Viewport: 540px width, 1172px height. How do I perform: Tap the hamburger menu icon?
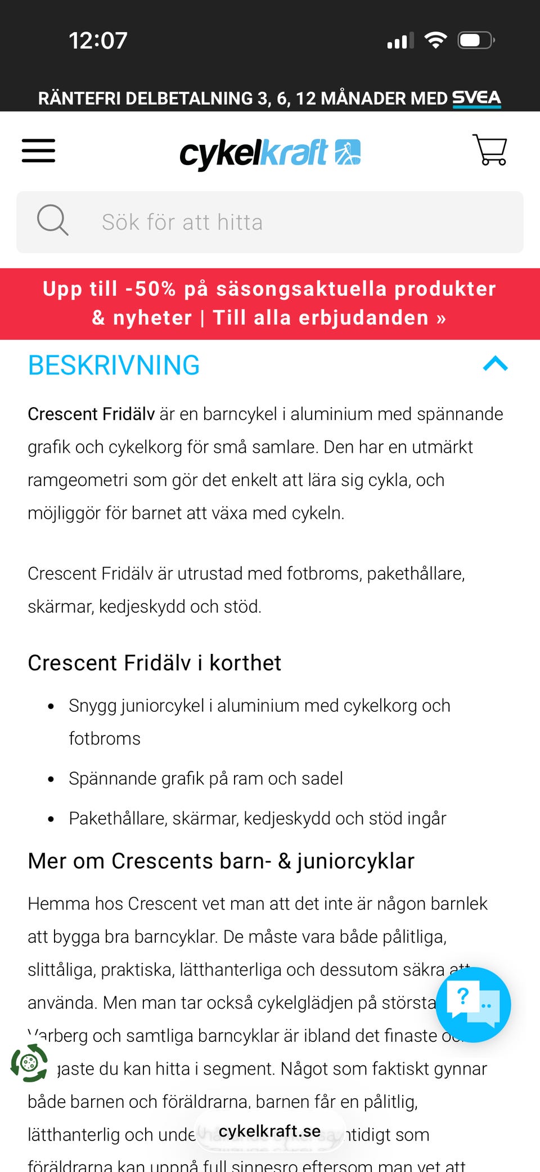point(38,151)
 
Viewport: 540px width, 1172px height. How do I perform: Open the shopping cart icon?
point(490,150)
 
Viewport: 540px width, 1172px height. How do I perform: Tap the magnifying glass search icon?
point(52,220)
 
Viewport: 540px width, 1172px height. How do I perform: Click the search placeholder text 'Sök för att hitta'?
point(182,222)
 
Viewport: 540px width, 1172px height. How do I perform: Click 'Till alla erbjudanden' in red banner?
point(329,318)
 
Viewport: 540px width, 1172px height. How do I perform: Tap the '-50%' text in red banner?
point(151,289)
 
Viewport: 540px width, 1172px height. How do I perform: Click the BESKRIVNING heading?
point(114,366)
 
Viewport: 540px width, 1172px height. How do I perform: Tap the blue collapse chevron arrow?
point(495,364)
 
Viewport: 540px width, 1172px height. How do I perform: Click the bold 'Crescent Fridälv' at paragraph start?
point(91,414)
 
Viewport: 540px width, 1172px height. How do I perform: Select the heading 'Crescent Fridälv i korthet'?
point(155,663)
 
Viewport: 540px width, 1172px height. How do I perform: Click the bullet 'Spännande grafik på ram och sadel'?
point(206,778)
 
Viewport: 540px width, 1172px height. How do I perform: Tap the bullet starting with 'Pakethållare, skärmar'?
point(258,818)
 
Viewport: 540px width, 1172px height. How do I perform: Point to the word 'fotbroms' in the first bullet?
point(105,738)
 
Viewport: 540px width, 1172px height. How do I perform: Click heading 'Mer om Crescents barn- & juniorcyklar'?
point(221,861)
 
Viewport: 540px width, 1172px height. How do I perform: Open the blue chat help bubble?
point(473,1004)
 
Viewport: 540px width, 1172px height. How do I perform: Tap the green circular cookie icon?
point(29,1063)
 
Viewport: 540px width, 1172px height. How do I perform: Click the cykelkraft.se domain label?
point(269,1131)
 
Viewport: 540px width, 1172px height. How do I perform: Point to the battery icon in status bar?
point(476,41)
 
